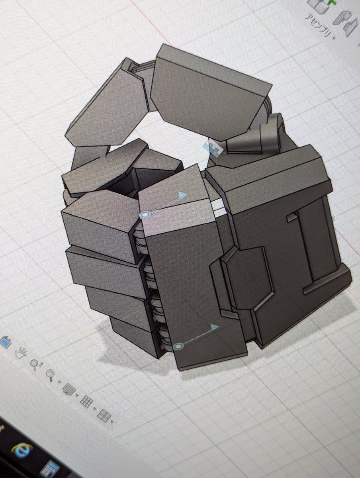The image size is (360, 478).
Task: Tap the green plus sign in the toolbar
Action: (332, 2)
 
